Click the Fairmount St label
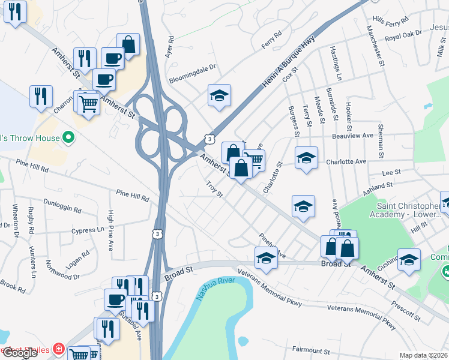click(x=311, y=350)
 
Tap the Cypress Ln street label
click(x=87, y=230)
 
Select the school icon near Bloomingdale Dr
click(x=220, y=95)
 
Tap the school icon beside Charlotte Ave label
click(x=306, y=158)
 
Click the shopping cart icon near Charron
click(x=89, y=103)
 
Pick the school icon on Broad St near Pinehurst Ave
click(x=266, y=258)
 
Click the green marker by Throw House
click(x=68, y=138)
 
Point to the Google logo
click(x=19, y=353)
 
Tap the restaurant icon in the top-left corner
click(x=15, y=11)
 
